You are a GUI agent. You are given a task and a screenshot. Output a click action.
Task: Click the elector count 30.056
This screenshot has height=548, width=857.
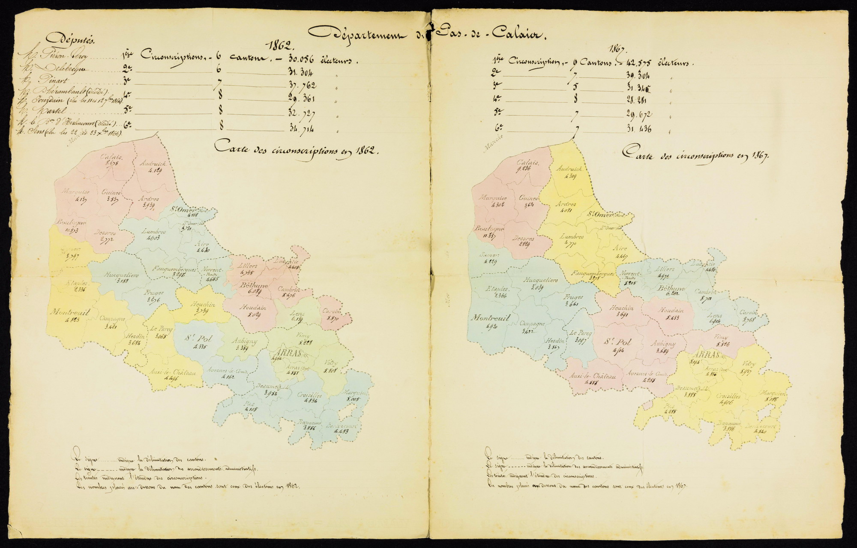point(301,60)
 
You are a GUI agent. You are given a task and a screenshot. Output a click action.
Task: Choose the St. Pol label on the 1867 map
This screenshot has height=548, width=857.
point(617,341)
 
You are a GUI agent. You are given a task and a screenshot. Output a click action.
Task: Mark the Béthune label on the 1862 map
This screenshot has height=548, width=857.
point(254,285)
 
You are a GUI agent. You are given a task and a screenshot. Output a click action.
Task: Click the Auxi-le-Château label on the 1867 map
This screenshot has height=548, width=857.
point(593,376)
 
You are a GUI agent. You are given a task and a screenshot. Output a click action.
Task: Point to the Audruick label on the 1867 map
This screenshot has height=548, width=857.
point(569,169)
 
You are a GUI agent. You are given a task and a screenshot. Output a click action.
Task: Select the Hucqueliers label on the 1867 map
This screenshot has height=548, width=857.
point(540,280)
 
